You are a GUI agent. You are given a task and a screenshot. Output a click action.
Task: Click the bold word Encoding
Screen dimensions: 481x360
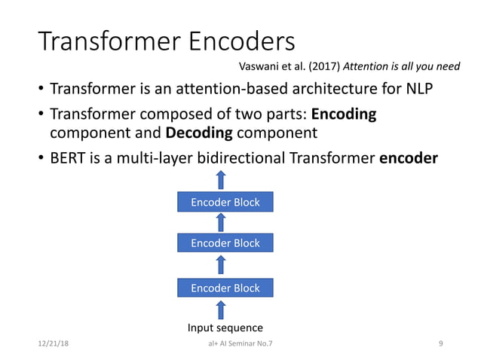[344, 115]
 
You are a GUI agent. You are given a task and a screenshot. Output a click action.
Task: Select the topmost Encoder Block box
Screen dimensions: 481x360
[225, 202]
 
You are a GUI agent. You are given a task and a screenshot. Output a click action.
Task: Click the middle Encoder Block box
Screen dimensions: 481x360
[225, 243]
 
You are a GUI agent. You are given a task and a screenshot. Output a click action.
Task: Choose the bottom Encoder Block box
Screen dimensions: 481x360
[225, 288]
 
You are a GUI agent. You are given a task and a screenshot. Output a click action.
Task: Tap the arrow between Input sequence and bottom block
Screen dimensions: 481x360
[221, 309]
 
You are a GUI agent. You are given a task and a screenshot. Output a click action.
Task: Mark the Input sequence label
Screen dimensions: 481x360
[225, 328]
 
